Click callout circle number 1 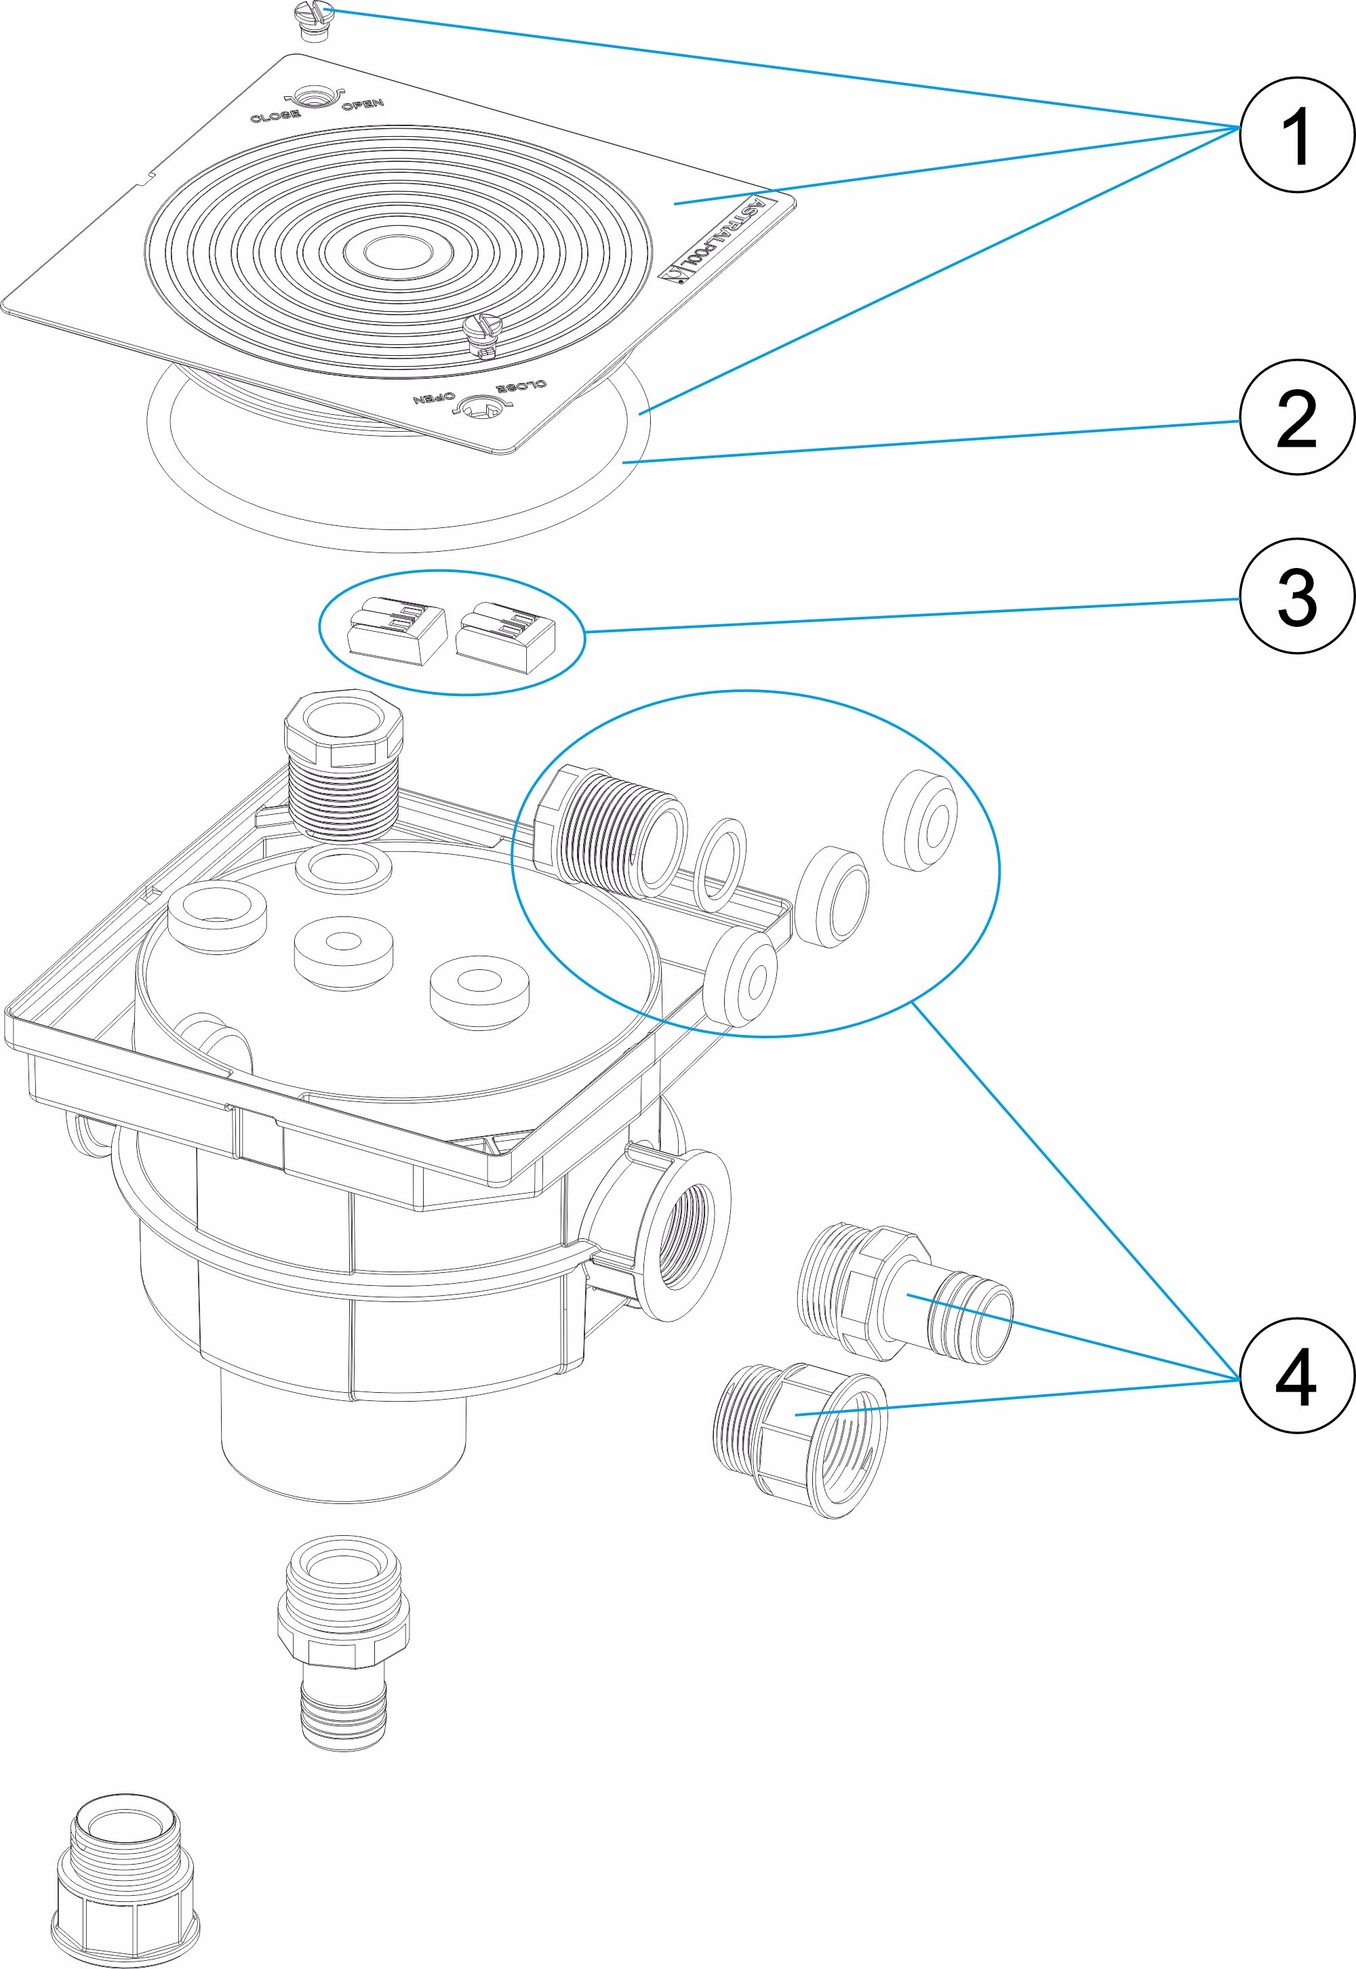1296,135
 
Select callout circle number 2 1296,418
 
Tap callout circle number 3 1296,596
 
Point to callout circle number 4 1296,1376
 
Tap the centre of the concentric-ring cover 399,252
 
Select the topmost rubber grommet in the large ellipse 922,819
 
